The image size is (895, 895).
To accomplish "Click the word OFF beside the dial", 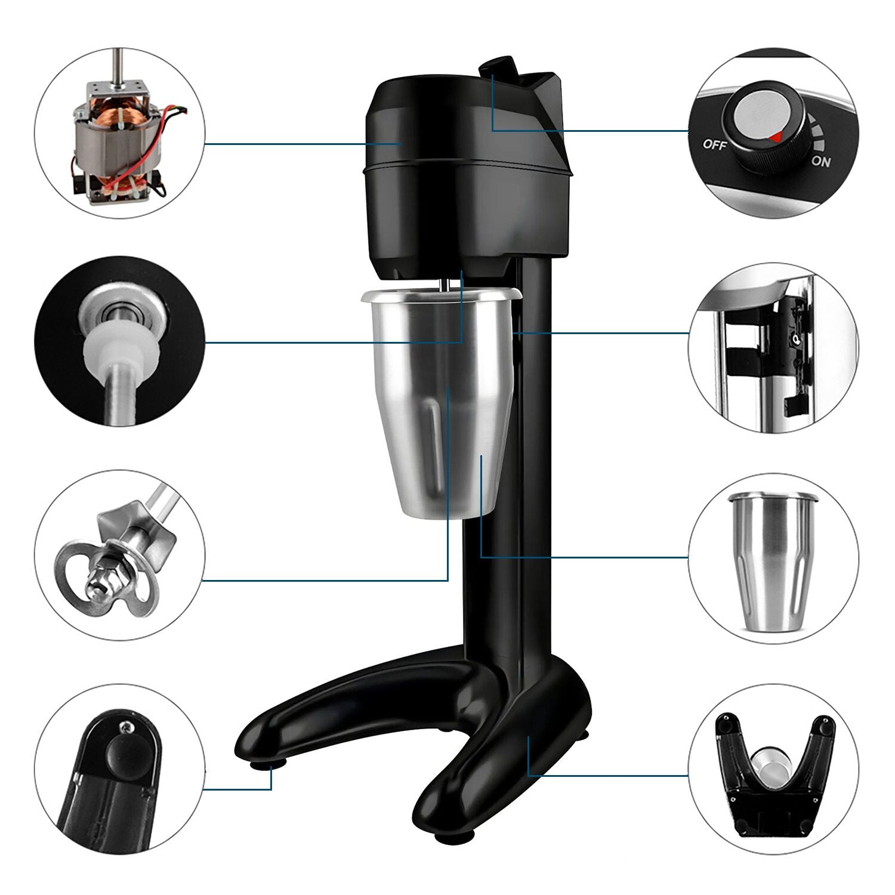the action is click(715, 144).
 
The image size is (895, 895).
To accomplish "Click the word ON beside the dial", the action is click(821, 161).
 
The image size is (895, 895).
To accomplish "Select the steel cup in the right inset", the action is click(773, 561).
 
